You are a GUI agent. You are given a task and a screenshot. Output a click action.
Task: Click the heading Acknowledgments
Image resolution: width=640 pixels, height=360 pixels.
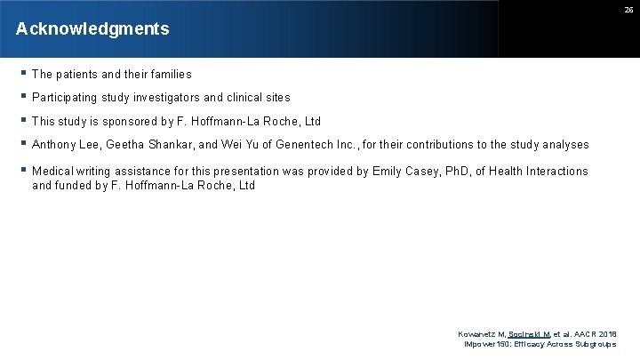(x=92, y=29)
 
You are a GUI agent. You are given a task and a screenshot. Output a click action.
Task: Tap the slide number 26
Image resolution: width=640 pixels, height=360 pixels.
(x=627, y=10)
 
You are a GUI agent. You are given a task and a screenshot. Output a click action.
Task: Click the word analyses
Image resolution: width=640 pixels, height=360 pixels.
(x=562, y=145)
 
